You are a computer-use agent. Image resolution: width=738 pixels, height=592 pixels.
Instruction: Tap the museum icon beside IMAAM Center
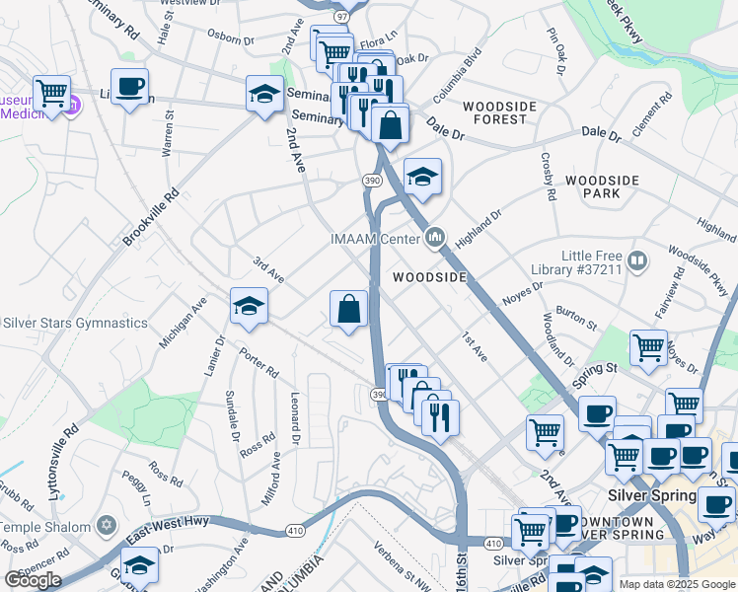coord(436,237)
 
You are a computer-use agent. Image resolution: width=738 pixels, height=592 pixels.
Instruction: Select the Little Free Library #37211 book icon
coord(637,261)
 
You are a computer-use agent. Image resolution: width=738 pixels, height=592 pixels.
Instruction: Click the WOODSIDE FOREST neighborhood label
coord(499,112)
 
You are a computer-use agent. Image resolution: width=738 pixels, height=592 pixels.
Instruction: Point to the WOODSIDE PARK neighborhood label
coord(603,187)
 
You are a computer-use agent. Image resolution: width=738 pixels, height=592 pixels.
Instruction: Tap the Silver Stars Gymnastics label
coord(75,323)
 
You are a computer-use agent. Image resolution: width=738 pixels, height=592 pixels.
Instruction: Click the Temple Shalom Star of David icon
coord(107,524)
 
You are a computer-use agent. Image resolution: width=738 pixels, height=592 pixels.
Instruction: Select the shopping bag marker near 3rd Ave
coord(348,309)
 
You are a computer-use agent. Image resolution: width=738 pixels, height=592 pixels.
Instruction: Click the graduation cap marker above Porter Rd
coord(249,306)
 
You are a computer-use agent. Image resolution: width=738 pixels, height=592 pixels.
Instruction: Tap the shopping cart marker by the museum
coord(52,94)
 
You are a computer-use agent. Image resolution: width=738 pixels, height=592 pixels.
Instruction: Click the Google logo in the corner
coord(32,579)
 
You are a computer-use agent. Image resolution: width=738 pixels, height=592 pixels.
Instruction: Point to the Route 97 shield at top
coord(341,17)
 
